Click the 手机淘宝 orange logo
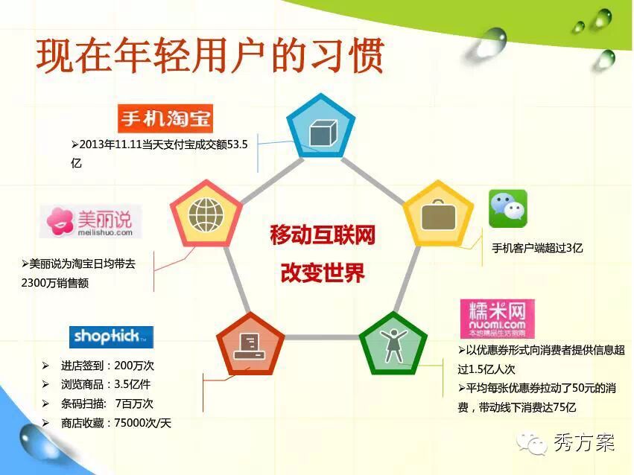(x=165, y=118)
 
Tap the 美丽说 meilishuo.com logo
(x=91, y=221)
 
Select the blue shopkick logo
(x=111, y=337)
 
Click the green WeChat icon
(x=508, y=208)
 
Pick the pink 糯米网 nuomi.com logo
(x=498, y=319)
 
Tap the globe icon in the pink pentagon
(x=206, y=215)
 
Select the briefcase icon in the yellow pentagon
(x=438, y=215)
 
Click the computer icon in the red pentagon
(x=250, y=346)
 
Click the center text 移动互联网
(x=323, y=235)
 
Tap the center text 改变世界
(x=323, y=272)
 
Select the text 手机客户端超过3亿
(x=537, y=248)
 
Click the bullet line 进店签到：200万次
(x=107, y=366)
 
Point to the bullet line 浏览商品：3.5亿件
(x=106, y=384)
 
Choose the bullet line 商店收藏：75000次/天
(x=116, y=423)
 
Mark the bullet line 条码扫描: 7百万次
(x=107, y=404)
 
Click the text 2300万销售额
(x=55, y=283)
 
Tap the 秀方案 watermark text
(x=584, y=443)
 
